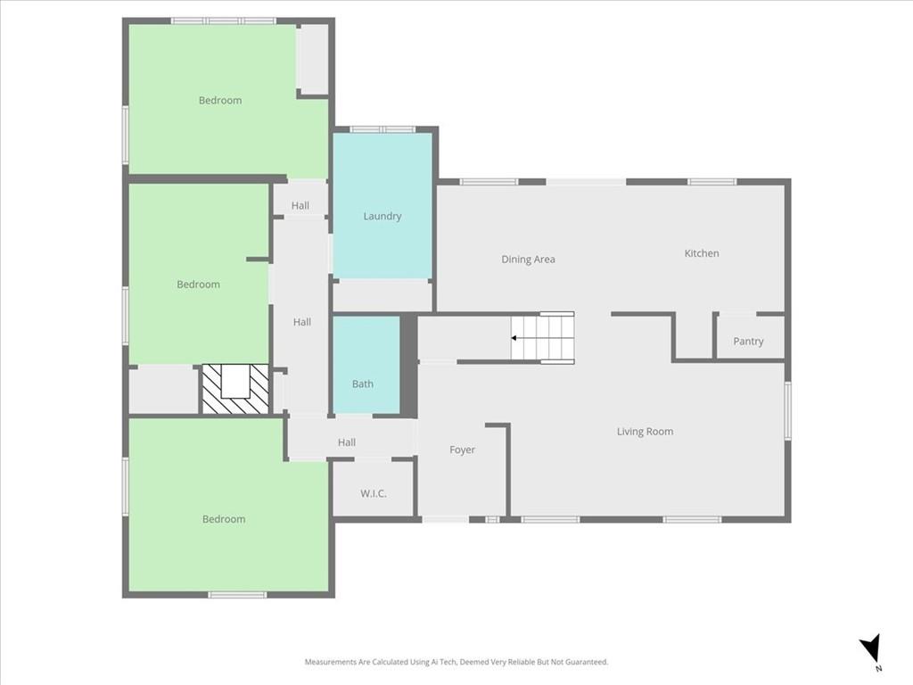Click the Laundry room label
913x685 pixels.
[382, 216]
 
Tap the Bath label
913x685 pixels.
[363, 384]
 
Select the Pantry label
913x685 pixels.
[748, 342]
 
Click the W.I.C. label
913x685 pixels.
[374, 493]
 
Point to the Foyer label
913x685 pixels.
[462, 450]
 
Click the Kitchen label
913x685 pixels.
[702, 253]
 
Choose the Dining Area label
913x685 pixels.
[528, 260]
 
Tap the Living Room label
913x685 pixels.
[645, 432]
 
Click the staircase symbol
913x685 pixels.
[543, 338]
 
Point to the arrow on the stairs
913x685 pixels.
[515, 338]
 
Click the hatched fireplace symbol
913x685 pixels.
[234, 389]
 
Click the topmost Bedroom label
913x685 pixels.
[220, 101]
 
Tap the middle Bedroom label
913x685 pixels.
[198, 285]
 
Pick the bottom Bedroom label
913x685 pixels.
[224, 519]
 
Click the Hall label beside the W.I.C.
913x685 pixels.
[347, 442]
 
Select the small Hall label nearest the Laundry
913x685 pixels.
[300, 206]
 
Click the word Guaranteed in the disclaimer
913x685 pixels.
[582, 662]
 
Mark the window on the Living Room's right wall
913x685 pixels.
[787, 410]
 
